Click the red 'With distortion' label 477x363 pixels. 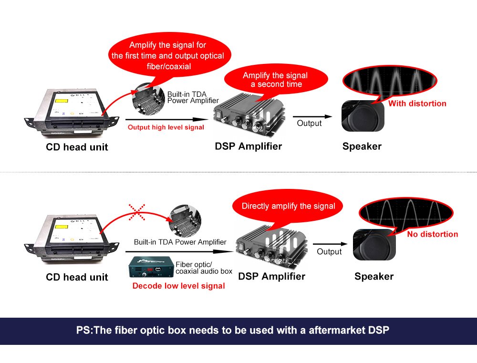click(x=417, y=104)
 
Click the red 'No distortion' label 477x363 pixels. click(x=432, y=234)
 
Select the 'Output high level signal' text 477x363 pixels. click(x=166, y=127)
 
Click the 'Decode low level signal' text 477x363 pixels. click(x=178, y=286)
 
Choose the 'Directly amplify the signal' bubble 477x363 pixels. click(x=288, y=206)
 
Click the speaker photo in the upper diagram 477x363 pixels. click(x=363, y=116)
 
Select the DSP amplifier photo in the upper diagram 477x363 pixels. click(x=249, y=114)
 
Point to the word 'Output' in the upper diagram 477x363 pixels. click(x=309, y=123)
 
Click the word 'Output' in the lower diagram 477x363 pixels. click(x=329, y=251)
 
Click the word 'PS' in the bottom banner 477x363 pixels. click(x=82, y=330)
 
